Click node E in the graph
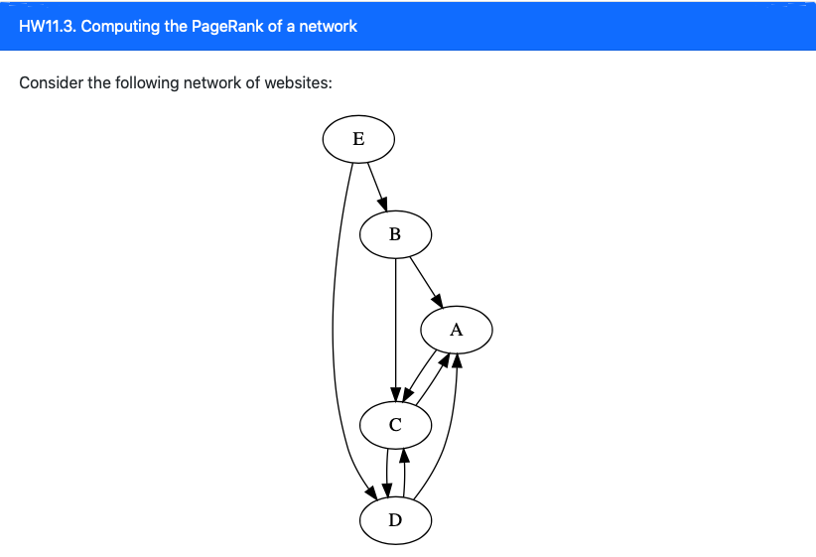358,139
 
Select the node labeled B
395,235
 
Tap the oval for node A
456,331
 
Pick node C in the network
395,426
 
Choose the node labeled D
395,521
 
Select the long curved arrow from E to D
334,328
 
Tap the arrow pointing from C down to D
386,473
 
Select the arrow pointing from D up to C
404,473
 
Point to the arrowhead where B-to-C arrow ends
396,392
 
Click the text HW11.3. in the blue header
48,26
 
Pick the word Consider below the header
51,82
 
